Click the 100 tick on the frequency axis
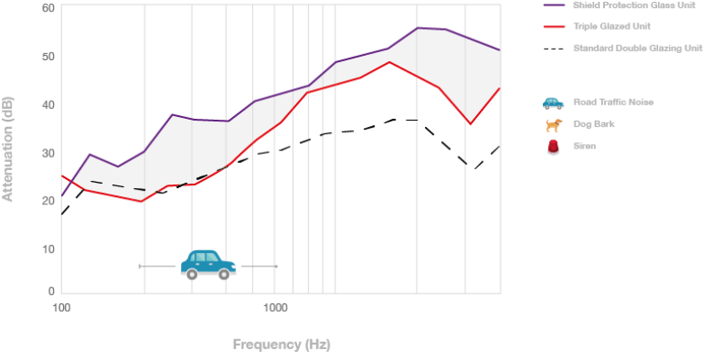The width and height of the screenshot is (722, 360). (61, 308)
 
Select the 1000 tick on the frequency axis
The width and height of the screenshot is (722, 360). (275, 308)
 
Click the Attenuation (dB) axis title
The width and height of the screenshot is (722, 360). (9, 149)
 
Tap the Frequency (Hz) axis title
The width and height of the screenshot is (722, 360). (281, 344)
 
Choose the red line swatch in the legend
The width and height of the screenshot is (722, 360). (554, 26)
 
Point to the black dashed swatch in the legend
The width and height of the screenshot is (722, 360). (554, 47)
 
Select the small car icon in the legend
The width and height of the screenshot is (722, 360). (553, 104)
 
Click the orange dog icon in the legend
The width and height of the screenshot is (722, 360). (553, 125)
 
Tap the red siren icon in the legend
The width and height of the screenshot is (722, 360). (553, 146)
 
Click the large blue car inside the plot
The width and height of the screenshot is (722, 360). (208, 264)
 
